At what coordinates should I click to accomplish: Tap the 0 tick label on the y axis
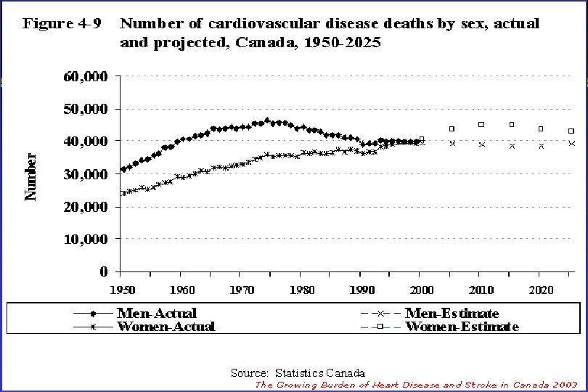point(104,271)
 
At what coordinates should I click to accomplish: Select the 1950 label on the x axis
point(123,290)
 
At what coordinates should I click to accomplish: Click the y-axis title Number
point(31,176)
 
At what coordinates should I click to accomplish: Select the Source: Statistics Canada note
point(298,373)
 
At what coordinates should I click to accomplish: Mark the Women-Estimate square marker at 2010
point(481,125)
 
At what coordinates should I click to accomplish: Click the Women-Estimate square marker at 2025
point(571,131)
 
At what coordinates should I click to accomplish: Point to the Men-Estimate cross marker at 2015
point(512,146)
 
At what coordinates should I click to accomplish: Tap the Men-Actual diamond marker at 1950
point(123,170)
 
